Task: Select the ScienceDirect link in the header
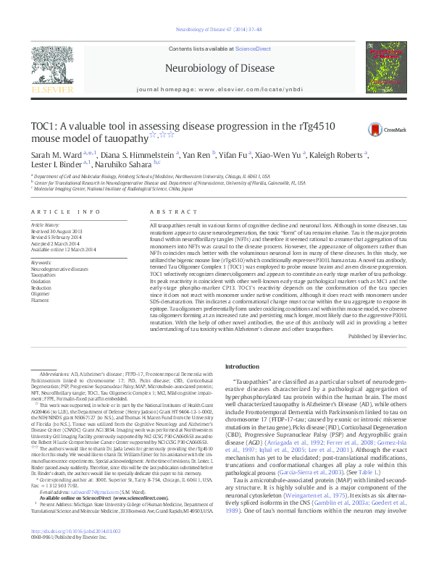point(254,48)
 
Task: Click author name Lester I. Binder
point(54,164)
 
